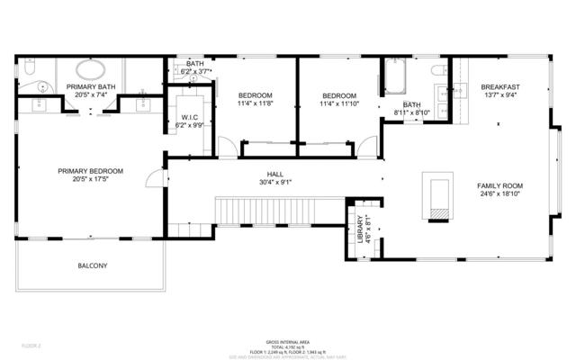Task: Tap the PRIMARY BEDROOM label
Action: click(90, 171)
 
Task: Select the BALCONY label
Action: click(92, 265)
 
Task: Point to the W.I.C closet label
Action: click(189, 118)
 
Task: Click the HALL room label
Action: click(274, 175)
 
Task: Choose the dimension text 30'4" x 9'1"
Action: click(274, 184)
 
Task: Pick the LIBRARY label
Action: click(359, 229)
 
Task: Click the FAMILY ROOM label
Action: click(499, 186)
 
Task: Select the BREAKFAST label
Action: click(500, 86)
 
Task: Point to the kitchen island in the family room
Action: click(438, 194)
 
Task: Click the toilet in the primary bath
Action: click(28, 67)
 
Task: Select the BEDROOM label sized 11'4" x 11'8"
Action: click(256, 95)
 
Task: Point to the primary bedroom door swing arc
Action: click(155, 178)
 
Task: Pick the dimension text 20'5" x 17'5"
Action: click(90, 180)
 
